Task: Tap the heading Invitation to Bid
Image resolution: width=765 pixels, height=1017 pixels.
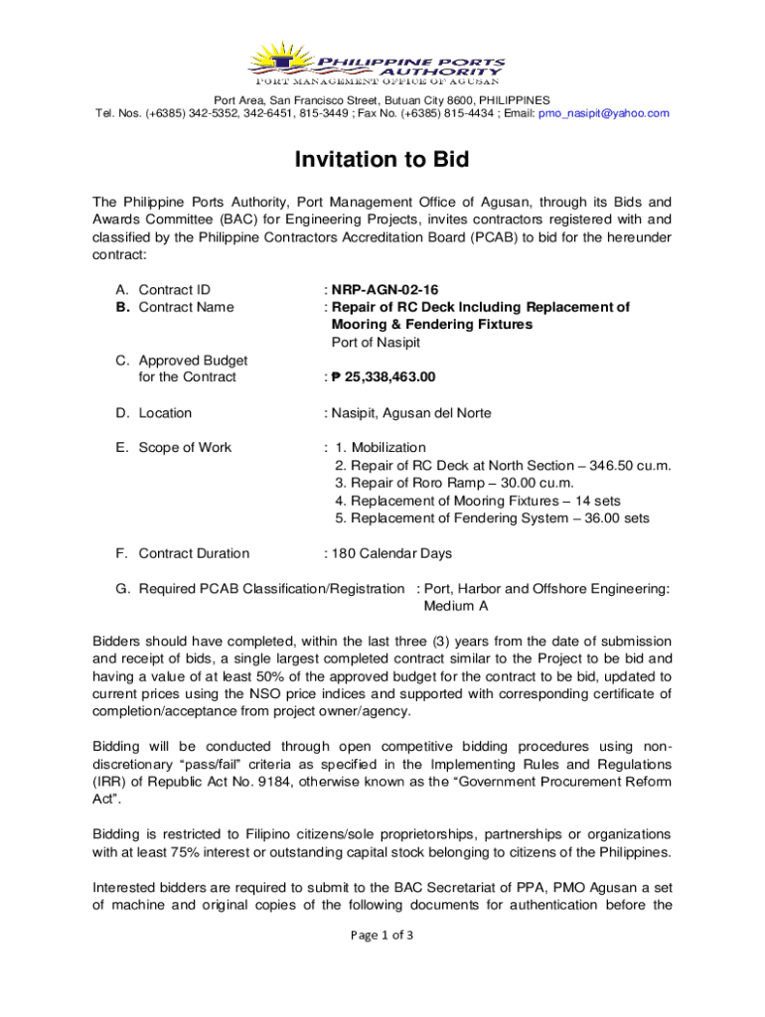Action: pyautogui.click(x=382, y=160)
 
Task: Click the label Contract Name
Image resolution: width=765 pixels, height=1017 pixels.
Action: pyautogui.click(x=186, y=307)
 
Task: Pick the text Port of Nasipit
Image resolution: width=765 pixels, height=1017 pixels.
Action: pyautogui.click(x=376, y=343)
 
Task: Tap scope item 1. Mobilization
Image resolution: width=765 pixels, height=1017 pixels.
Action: pyautogui.click(x=381, y=448)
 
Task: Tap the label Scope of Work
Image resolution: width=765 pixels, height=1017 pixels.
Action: pyautogui.click(x=185, y=448)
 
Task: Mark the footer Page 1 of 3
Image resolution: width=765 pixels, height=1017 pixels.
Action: pyautogui.click(x=382, y=936)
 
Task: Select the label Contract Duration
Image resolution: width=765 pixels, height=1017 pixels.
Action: pyautogui.click(x=194, y=554)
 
